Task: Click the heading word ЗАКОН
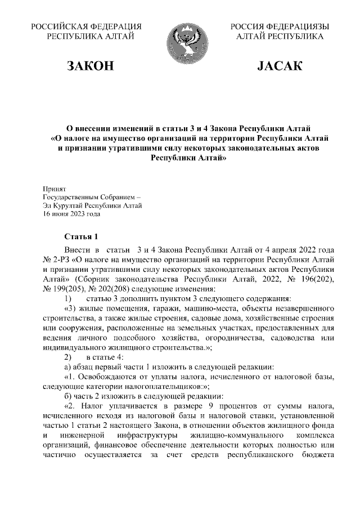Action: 91,66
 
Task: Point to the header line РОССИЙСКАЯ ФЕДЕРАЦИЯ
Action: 86,26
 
